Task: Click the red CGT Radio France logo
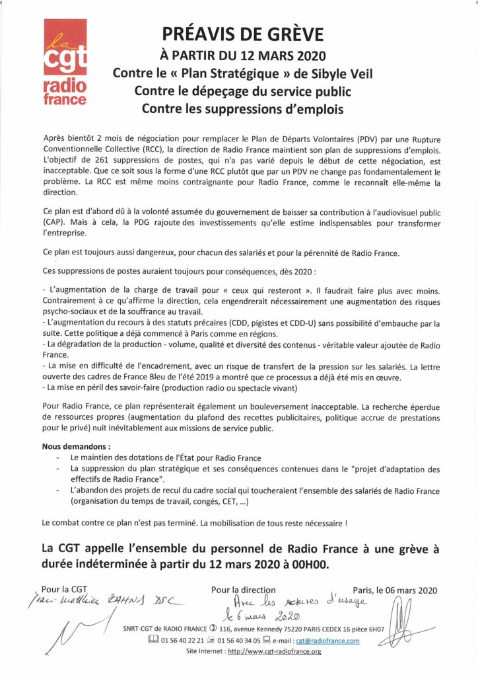pyautogui.click(x=65, y=63)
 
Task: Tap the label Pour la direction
pyautogui.click(x=244, y=590)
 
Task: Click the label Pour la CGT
pyautogui.click(x=64, y=588)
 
